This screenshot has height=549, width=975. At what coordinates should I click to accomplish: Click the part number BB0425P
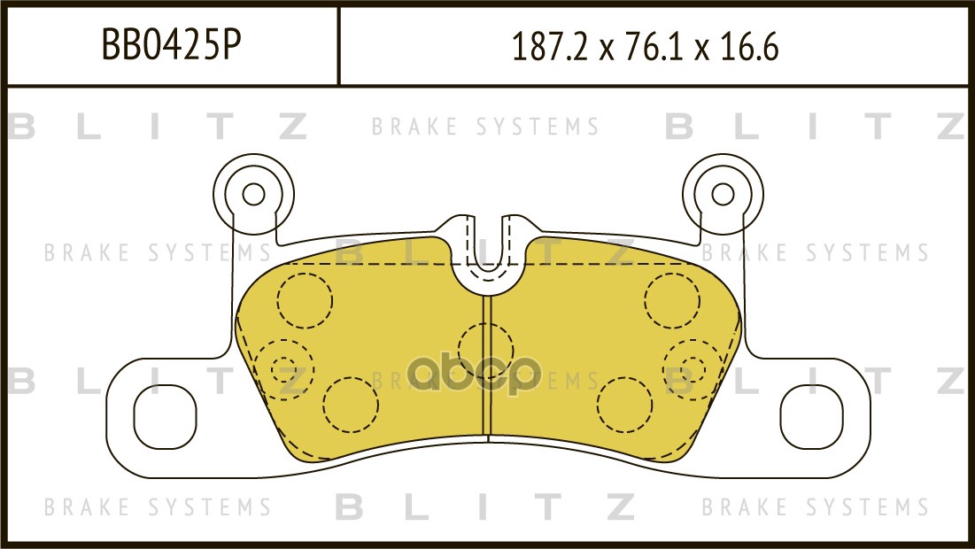171,45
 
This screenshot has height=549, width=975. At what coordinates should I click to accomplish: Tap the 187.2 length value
549,47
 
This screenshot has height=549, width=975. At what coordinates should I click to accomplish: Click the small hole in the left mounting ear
253,194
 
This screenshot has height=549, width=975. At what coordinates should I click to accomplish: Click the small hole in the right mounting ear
723,194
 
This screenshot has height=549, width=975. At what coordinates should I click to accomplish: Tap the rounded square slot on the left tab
165,416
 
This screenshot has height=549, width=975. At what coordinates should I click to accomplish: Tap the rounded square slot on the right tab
811,416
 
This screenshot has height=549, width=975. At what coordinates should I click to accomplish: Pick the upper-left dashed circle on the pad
305,300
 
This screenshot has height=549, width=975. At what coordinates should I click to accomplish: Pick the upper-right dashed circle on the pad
672,300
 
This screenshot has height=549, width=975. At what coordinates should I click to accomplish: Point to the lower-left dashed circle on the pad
351,404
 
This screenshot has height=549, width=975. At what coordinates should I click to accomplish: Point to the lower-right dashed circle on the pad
625,404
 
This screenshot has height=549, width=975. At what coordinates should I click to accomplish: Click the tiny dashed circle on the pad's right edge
693,369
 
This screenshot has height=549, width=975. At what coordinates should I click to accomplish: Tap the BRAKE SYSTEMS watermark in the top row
485,127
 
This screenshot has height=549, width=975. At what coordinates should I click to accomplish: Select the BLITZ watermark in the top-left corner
158,127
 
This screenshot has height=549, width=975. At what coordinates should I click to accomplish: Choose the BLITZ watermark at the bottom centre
485,506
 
